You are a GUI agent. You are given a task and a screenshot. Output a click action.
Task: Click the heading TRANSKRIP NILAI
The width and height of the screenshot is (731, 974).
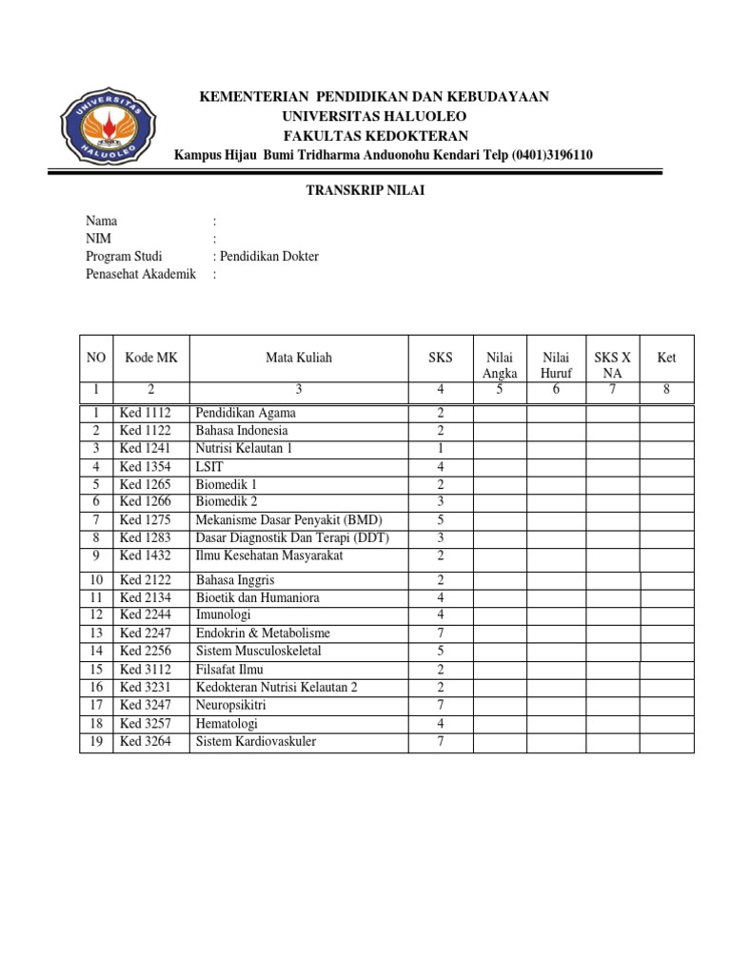(365, 190)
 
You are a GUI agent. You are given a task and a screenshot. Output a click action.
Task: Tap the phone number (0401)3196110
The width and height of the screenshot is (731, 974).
(552, 155)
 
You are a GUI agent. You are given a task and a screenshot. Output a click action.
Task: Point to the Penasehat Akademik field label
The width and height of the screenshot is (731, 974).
(141, 274)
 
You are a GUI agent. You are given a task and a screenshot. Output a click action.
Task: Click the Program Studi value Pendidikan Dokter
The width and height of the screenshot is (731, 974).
(270, 257)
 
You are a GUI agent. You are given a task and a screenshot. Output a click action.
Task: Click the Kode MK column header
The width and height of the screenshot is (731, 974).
(150, 359)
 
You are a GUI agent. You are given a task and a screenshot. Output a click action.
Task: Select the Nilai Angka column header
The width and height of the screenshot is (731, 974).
(500, 366)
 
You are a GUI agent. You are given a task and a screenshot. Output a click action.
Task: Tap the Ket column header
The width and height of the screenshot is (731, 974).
(665, 359)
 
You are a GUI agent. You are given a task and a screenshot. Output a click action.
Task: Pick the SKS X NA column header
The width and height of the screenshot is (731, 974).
(612, 366)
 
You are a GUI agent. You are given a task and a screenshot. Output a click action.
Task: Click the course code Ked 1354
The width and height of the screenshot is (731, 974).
(145, 466)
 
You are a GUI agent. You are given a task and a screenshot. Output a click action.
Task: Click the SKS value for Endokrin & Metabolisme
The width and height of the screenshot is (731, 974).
(441, 633)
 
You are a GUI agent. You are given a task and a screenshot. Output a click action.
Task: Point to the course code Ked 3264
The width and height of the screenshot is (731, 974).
(145, 742)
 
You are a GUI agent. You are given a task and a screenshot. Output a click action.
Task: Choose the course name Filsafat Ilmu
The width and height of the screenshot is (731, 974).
(229, 669)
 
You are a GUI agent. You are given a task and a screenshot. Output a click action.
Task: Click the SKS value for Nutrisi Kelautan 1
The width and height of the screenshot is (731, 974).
(441, 448)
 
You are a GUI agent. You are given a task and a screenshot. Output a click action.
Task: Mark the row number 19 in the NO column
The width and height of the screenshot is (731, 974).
(96, 742)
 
